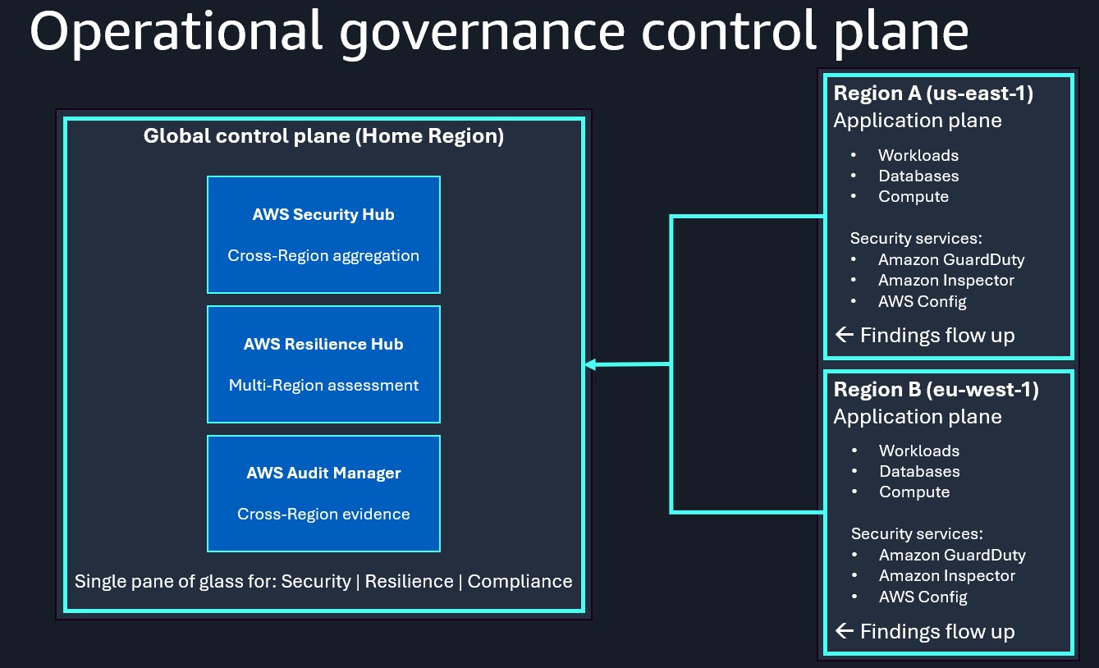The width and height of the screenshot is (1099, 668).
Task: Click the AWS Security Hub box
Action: [x=323, y=235]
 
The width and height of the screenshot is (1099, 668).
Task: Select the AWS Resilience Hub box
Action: [x=323, y=364]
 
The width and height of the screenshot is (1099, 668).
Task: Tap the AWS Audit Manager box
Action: [x=323, y=493]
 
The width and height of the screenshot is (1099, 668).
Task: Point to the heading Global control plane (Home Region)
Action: [x=323, y=136]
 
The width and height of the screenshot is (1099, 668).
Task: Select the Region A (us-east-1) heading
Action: [x=933, y=94]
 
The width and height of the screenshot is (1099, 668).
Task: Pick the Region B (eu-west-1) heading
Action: [x=936, y=390]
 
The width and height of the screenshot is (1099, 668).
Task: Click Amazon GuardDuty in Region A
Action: [x=951, y=259]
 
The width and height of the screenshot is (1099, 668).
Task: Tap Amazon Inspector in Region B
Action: [x=947, y=576]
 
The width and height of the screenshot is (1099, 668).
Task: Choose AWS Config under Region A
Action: [x=923, y=301]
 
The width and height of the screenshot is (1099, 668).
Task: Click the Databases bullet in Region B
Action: [x=919, y=472]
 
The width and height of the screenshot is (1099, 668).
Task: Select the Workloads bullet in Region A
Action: [x=918, y=155]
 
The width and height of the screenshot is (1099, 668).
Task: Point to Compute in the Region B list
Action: [x=914, y=492]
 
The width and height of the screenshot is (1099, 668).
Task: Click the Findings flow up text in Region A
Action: [x=937, y=336]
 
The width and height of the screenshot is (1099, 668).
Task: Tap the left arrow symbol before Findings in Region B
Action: [x=845, y=631]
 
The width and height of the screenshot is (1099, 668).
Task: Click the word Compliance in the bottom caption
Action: [x=520, y=582]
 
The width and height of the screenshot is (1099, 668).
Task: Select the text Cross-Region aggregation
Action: [x=323, y=256]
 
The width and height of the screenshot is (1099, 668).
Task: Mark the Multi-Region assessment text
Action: [x=323, y=386]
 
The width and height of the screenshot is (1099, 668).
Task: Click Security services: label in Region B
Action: [x=917, y=534]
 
